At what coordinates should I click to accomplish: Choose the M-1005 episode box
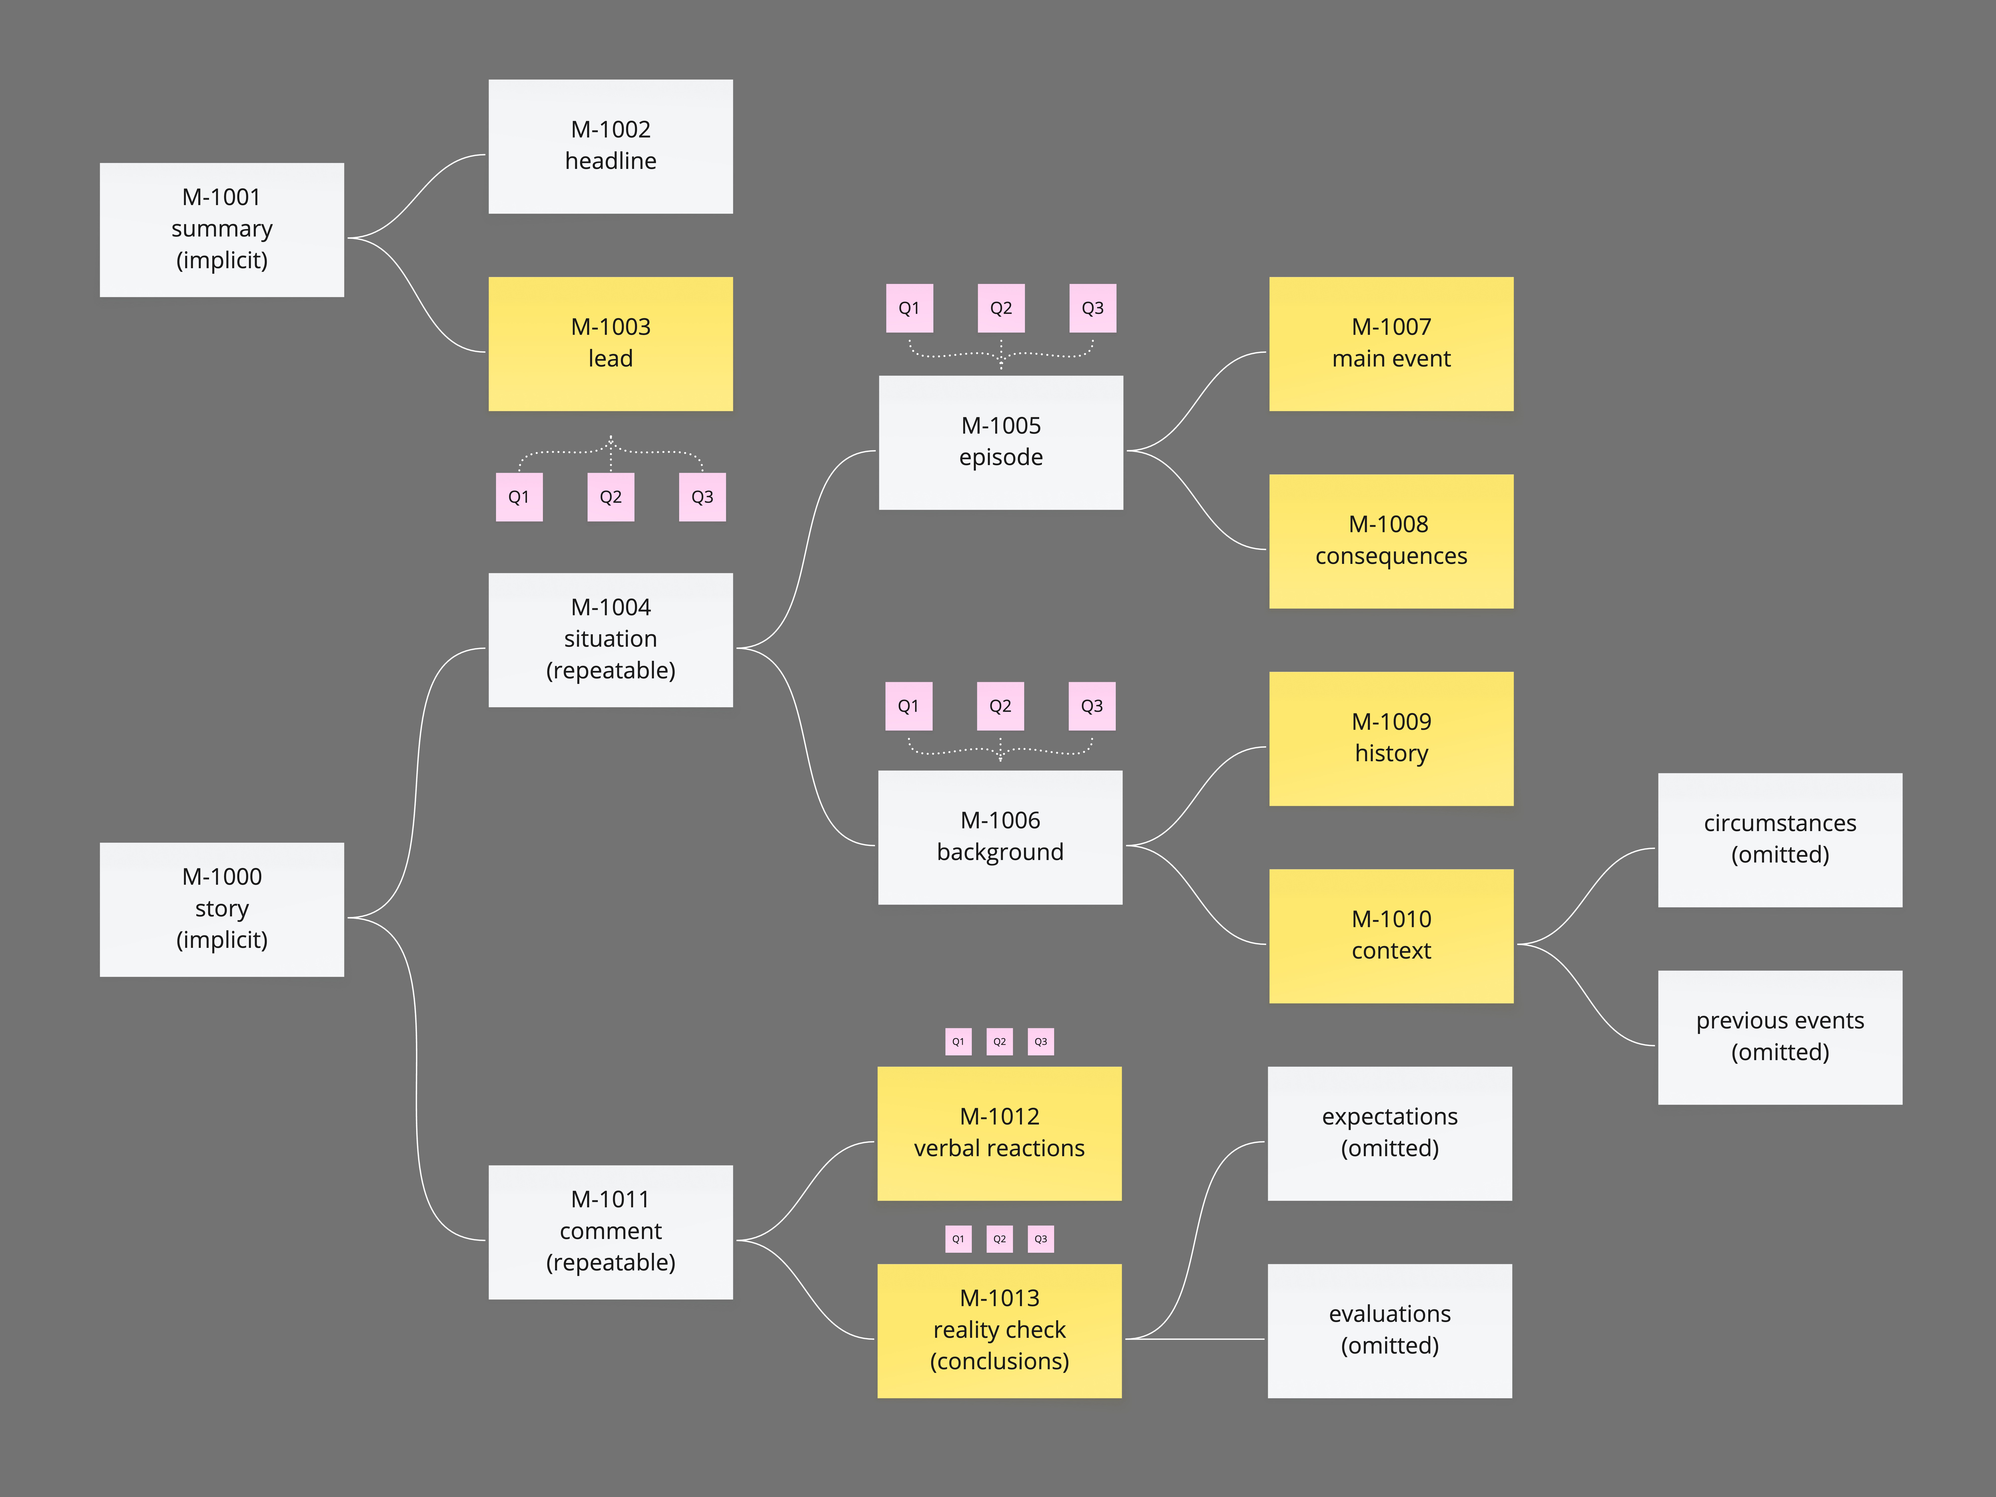coord(1001,442)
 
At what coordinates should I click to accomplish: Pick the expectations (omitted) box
coord(1390,1133)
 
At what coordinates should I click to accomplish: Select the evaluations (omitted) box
coord(1390,1330)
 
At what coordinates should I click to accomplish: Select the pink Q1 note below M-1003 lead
coord(519,497)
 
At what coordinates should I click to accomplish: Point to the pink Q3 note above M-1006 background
coord(1092,706)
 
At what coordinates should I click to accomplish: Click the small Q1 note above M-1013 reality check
coord(958,1239)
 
